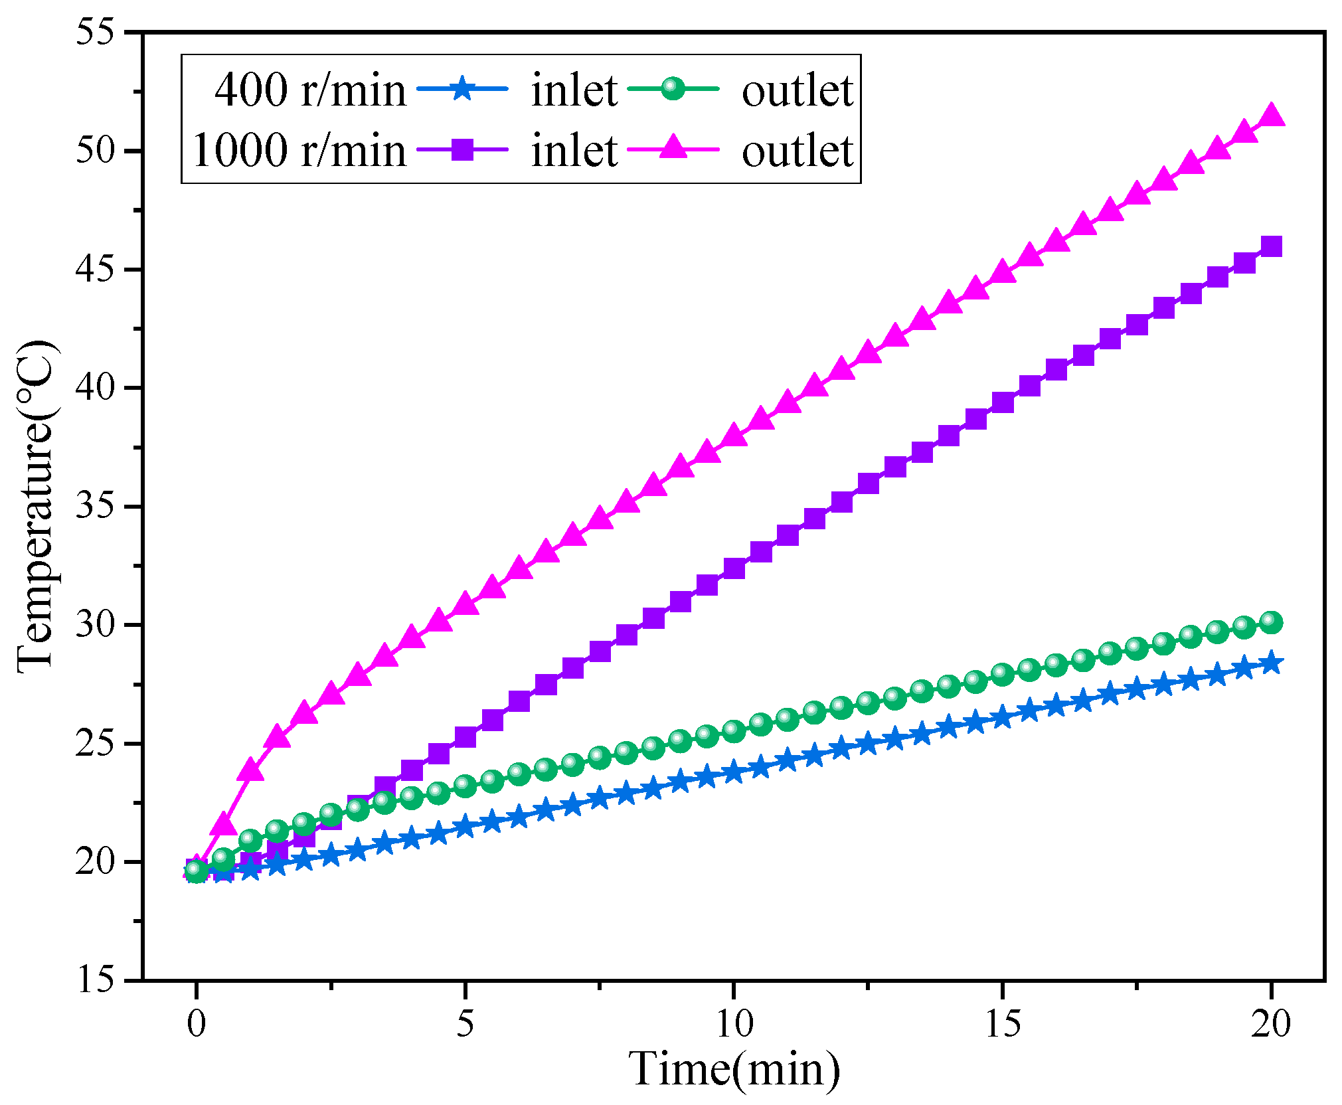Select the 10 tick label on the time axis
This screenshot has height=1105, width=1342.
tap(734, 1023)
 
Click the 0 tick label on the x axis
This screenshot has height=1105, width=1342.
tap(196, 1023)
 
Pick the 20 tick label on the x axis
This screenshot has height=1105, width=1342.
tap(1270, 1023)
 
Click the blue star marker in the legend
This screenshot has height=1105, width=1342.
tap(463, 89)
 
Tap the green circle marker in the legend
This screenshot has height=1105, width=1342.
tap(673, 89)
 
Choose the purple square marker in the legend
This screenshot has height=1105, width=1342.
tap(463, 149)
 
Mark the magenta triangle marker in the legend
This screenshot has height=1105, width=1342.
tap(673, 148)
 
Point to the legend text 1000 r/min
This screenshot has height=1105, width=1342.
tap(299, 151)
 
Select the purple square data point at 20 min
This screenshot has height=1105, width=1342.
tap(1271, 246)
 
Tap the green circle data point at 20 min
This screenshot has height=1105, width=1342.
tap(1271, 622)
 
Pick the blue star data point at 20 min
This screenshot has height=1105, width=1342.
tap(1271, 663)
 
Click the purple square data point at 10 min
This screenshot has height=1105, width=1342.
tap(734, 568)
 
